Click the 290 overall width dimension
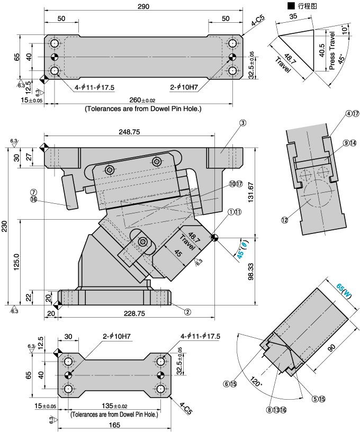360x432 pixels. [143, 6]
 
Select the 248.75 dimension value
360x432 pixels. [130, 132]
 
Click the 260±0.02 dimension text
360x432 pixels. [142, 101]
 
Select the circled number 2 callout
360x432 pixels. [187, 312]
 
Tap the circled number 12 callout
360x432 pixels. [285, 220]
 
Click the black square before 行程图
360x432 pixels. [290, 6]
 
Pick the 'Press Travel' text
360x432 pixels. [332, 50]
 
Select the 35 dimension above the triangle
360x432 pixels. [294, 17]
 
